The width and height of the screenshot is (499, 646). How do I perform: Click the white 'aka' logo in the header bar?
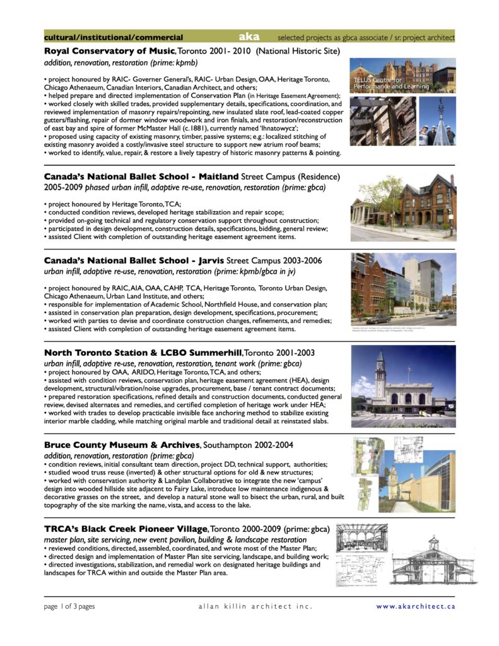click(249, 37)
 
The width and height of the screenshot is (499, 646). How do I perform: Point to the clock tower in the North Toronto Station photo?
click(380, 372)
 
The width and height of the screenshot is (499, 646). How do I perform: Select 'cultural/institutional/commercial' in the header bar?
click(114, 38)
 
